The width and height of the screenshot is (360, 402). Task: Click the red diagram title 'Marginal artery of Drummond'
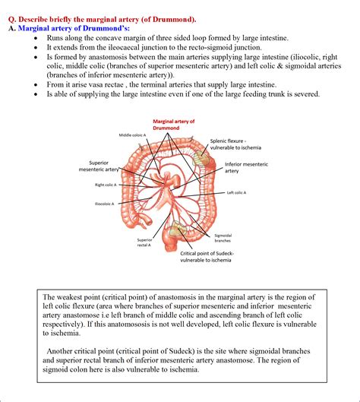tap(174, 125)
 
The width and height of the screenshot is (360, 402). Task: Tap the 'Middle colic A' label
tap(133, 135)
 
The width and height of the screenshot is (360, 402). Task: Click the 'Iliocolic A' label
tap(104, 204)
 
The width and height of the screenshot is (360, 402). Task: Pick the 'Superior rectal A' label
tap(144, 242)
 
